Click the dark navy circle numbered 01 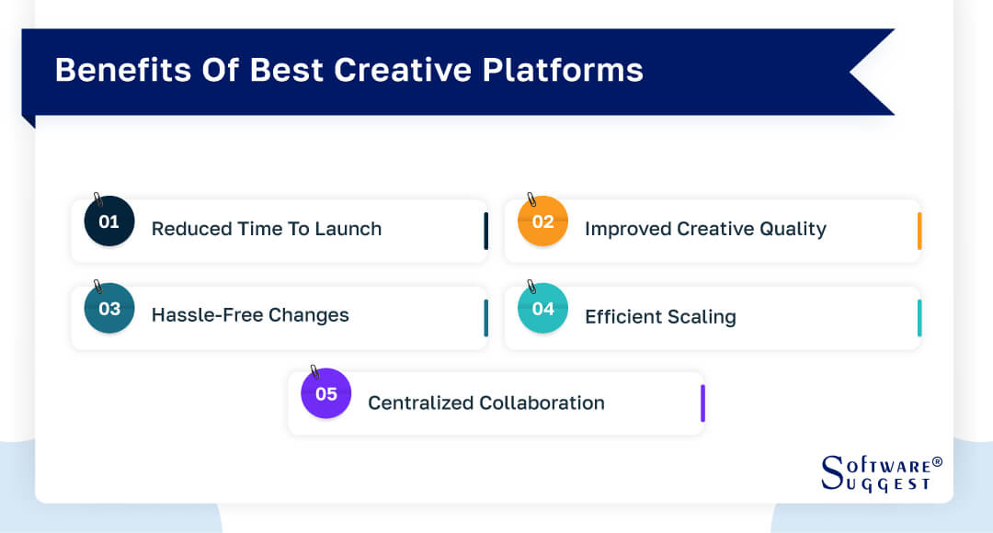click(109, 222)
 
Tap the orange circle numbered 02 click(542, 222)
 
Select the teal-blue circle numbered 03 click(109, 309)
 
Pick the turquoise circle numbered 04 click(542, 309)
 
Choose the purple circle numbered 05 click(326, 394)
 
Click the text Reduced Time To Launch click(266, 229)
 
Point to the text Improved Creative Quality click(705, 229)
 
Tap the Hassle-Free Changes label click(250, 315)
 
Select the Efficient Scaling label click(660, 317)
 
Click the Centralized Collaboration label click(486, 403)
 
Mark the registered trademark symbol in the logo click(937, 461)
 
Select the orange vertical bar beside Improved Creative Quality click(919, 231)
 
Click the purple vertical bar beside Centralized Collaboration click(702, 403)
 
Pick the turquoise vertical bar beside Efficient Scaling click(919, 318)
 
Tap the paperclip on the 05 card click(314, 372)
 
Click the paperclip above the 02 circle click(531, 199)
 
